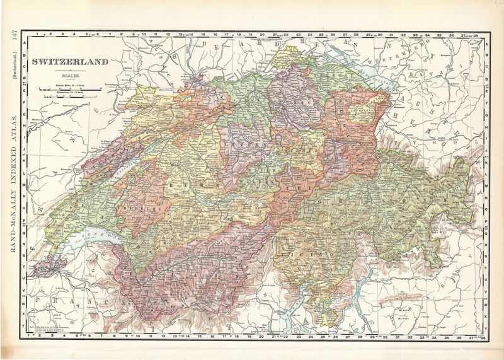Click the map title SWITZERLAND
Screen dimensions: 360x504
pyautogui.click(x=71, y=62)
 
